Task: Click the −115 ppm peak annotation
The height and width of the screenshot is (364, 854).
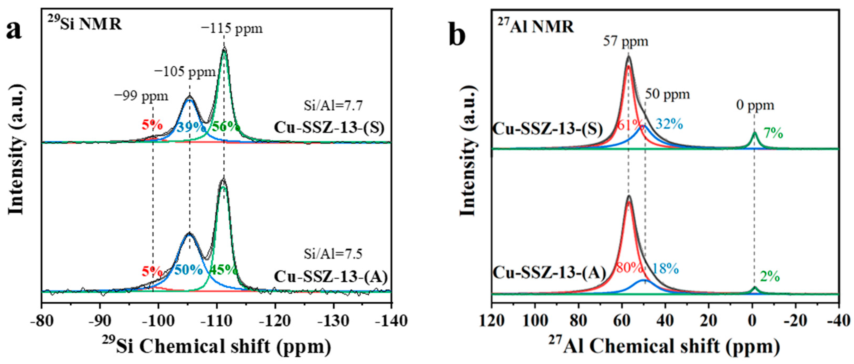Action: tap(232, 28)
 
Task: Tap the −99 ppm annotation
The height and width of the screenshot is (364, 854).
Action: tap(141, 96)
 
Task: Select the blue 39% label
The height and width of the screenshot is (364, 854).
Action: tap(191, 127)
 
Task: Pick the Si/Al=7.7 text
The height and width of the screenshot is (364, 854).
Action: tap(333, 106)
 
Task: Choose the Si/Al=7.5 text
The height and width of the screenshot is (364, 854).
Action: tap(333, 254)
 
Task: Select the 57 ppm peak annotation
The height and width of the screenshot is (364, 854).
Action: tap(625, 42)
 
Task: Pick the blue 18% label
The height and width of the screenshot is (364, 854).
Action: tap(665, 268)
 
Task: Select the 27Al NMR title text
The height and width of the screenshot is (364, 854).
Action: tap(535, 27)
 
